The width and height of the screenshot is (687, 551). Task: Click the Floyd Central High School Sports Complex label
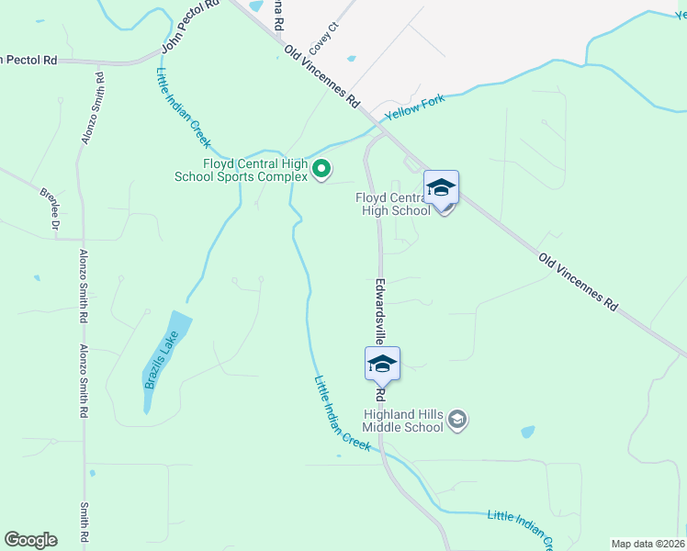[x=243, y=170]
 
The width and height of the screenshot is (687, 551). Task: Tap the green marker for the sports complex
[x=321, y=169]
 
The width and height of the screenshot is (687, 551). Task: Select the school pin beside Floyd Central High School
[x=441, y=191]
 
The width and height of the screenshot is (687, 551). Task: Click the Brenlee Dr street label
[x=50, y=209]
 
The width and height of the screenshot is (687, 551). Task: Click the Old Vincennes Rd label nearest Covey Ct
[x=321, y=77]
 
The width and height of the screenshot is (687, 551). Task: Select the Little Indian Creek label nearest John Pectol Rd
[x=184, y=108]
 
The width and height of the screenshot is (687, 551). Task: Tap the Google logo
[x=30, y=540]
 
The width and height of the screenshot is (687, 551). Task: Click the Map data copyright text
[x=648, y=544]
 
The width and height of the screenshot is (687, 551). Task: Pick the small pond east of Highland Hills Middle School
[x=527, y=431]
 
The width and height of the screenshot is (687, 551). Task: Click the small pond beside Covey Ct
[x=351, y=59]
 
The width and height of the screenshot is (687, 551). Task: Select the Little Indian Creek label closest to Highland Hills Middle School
[x=342, y=413]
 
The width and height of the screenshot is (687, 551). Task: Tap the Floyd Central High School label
[x=393, y=203]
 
